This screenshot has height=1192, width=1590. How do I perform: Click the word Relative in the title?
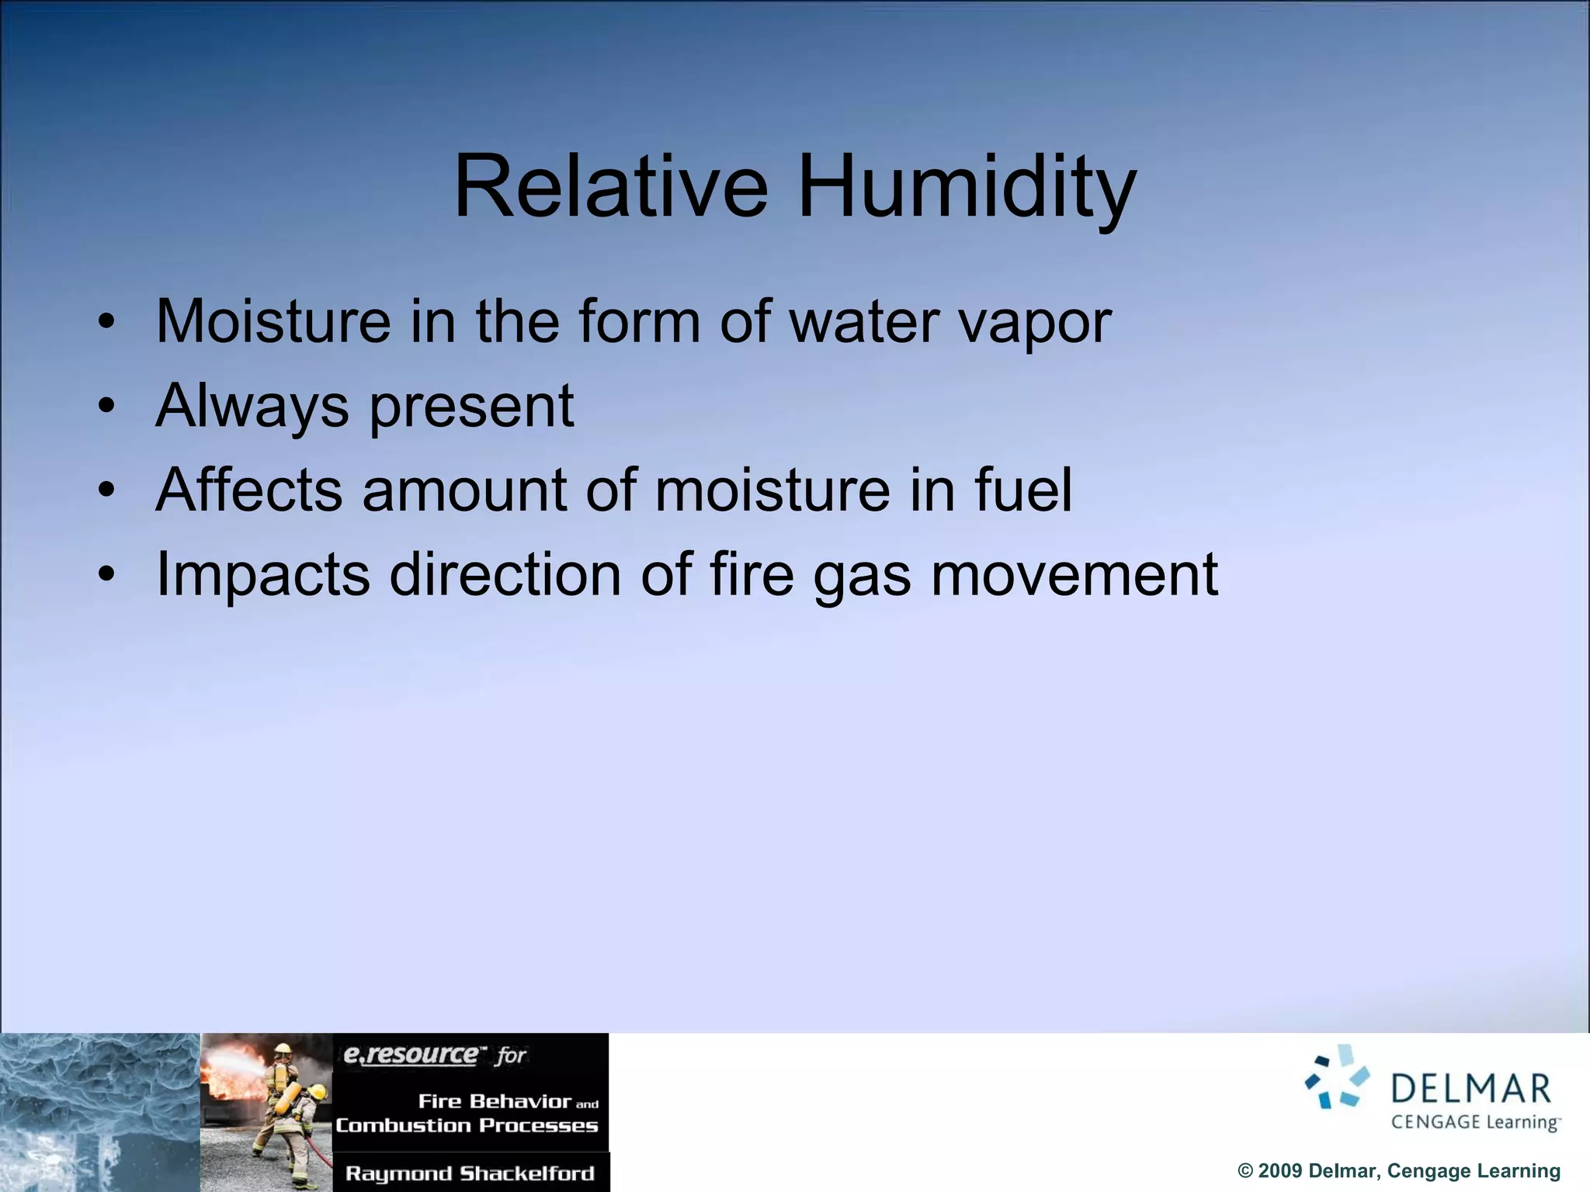click(x=611, y=187)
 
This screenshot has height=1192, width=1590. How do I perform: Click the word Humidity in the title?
click(x=967, y=187)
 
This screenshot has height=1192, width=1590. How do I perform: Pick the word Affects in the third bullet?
click(x=248, y=490)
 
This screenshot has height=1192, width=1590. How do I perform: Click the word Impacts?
click(x=263, y=576)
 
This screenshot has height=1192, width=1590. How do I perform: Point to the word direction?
click(x=505, y=574)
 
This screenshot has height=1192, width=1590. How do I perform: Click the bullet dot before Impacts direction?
click(x=107, y=574)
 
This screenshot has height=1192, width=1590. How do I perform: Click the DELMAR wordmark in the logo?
click(x=1470, y=1090)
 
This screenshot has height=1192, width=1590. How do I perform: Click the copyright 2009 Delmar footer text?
click(x=1398, y=1170)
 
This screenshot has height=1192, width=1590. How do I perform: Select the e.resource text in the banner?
click(x=411, y=1055)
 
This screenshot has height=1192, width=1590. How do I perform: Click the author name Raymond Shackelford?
click(x=470, y=1173)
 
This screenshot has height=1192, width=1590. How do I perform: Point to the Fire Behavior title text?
click(x=495, y=1101)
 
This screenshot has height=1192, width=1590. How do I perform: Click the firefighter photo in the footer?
click(x=266, y=1111)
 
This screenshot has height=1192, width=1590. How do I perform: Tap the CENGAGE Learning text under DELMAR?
click(x=1474, y=1122)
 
